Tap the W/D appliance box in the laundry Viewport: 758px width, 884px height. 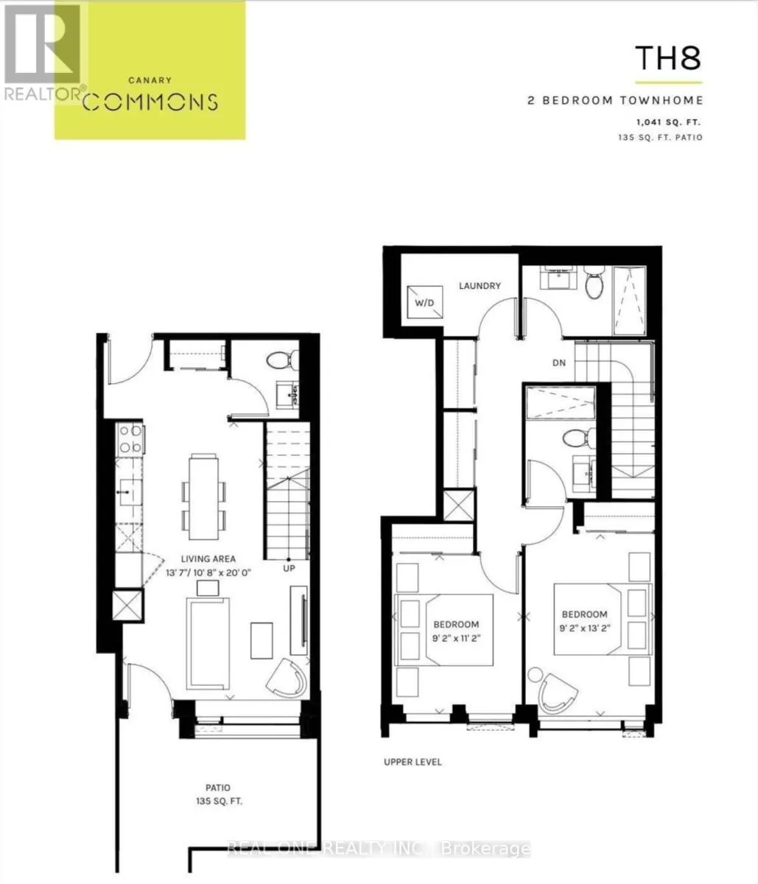click(x=424, y=301)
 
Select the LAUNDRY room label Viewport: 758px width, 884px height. click(x=480, y=286)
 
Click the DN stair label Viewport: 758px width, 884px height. click(x=559, y=362)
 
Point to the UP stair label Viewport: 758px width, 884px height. click(x=289, y=569)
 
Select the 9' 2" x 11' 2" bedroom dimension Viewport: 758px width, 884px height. click(x=456, y=637)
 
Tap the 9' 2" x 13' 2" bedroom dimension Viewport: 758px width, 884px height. click(x=584, y=628)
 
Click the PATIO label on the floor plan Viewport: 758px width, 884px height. click(x=218, y=787)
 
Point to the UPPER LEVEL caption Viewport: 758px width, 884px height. click(x=413, y=762)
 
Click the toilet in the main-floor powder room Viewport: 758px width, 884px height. click(x=281, y=360)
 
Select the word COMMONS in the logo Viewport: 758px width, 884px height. click(x=150, y=102)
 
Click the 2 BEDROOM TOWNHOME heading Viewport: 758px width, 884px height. click(x=615, y=100)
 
